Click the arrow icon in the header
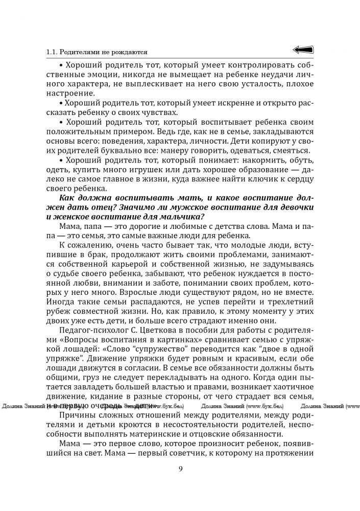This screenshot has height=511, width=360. pos(303,50)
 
